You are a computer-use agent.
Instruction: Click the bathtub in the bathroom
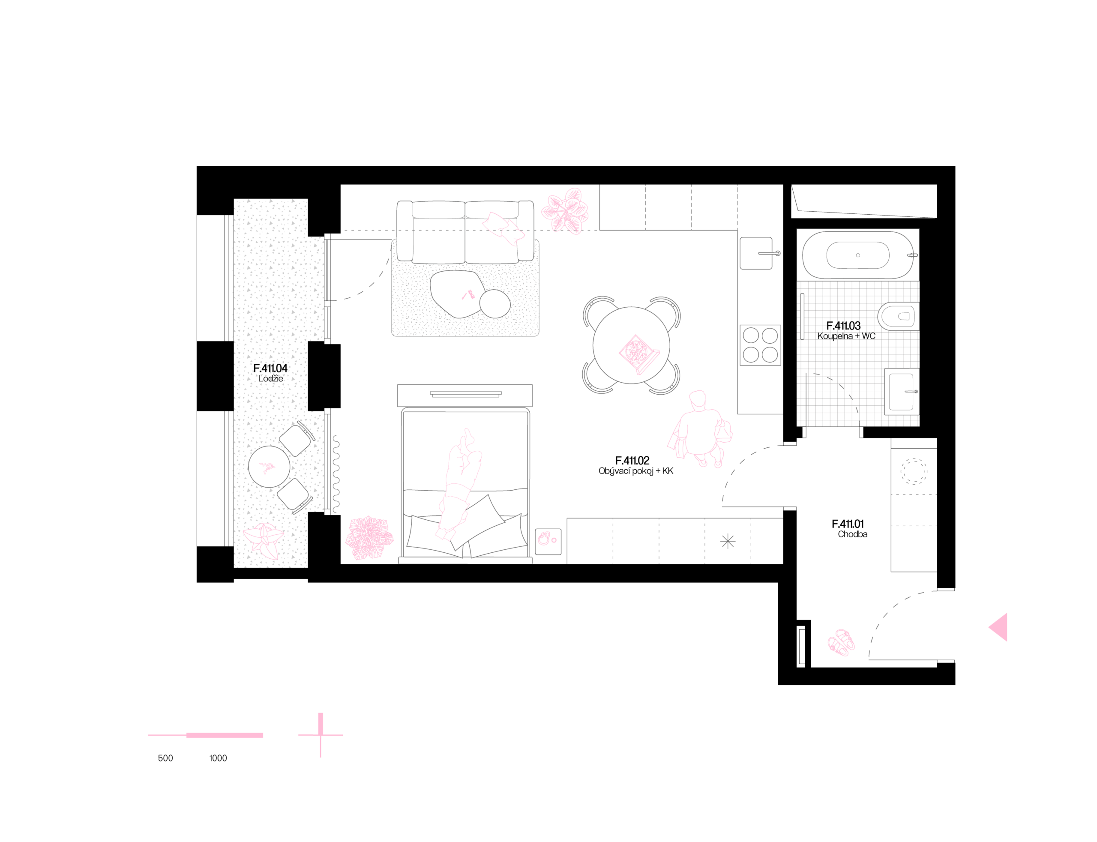[x=857, y=255]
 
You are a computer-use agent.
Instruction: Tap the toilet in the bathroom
[x=898, y=316]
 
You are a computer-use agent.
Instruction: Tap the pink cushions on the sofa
[x=503, y=228]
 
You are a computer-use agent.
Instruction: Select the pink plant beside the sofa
[x=566, y=211]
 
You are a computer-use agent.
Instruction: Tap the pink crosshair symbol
[x=321, y=735]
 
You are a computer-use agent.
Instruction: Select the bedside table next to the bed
[x=548, y=541]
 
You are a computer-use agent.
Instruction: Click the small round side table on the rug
[x=495, y=304]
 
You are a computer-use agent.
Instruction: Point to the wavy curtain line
[x=336, y=474]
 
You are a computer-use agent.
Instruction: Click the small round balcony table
[x=269, y=467]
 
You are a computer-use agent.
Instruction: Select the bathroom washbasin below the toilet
[x=902, y=391]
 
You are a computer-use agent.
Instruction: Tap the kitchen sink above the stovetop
[x=756, y=253]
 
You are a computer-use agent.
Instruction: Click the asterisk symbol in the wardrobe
[x=728, y=541]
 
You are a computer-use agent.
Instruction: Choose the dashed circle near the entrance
[x=914, y=471]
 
